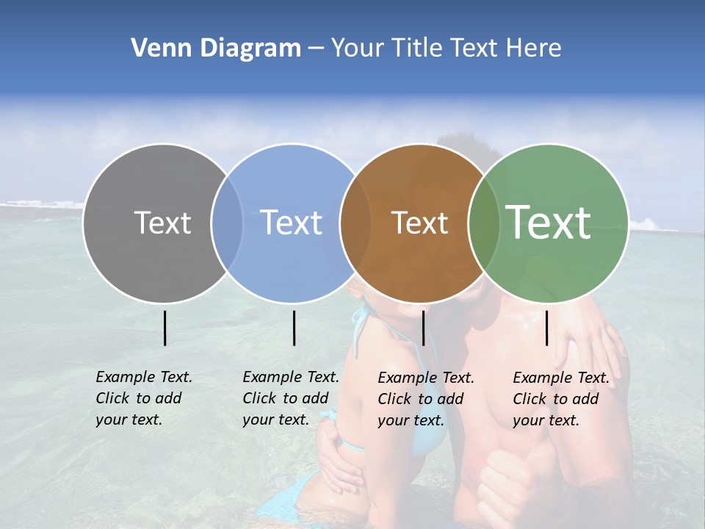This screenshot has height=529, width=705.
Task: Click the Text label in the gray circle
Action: (x=162, y=223)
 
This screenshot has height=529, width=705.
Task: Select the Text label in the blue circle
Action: (x=291, y=223)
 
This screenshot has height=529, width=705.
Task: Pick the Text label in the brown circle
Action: (x=419, y=223)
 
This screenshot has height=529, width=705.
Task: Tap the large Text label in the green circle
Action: (x=549, y=223)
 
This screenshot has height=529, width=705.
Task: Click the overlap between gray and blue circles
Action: (x=227, y=223)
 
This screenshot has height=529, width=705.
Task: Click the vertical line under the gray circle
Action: (x=164, y=328)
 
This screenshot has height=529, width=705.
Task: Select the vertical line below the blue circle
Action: (x=294, y=328)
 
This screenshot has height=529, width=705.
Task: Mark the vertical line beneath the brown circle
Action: (x=423, y=328)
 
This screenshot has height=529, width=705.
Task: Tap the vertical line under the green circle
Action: (x=547, y=328)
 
